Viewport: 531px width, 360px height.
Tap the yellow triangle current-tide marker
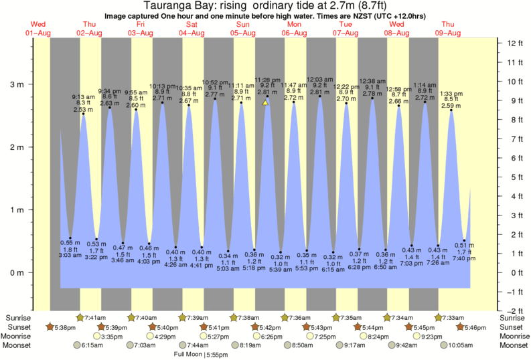click(266, 103)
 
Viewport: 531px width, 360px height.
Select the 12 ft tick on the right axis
click(514, 43)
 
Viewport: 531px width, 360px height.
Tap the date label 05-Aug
click(243, 33)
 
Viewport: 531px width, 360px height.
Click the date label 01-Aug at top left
click(38, 33)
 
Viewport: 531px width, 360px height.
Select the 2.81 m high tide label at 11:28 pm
click(267, 92)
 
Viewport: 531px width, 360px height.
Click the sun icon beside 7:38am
click(234, 317)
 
